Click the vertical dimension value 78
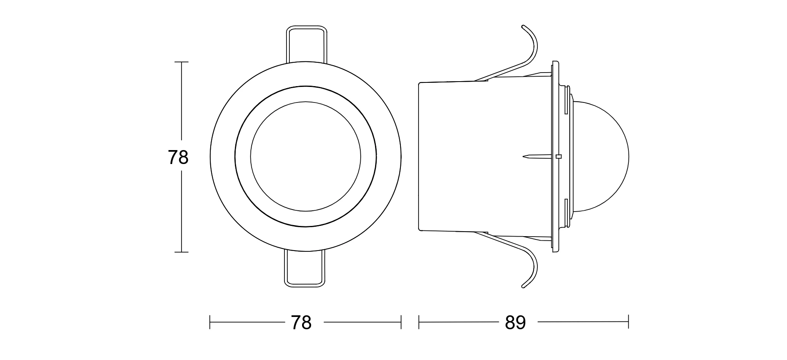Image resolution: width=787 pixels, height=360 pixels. (x=178, y=157)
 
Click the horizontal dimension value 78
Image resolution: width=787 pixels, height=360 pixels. (x=301, y=323)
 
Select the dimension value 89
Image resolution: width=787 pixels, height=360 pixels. (x=515, y=323)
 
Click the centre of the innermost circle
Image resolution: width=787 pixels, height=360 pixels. (x=306, y=156)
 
